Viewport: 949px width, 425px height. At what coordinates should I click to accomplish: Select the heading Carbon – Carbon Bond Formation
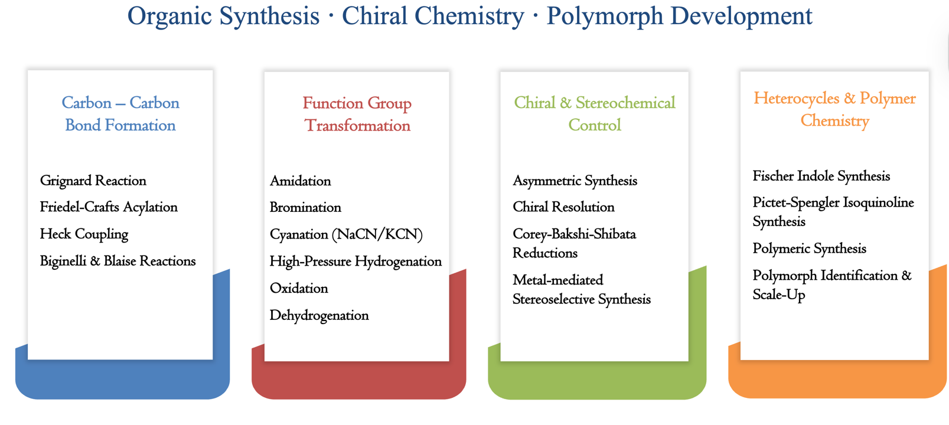click(x=120, y=114)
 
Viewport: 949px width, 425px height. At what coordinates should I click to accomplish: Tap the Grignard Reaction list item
click(x=93, y=181)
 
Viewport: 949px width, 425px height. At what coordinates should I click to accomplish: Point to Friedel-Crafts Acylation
click(x=109, y=207)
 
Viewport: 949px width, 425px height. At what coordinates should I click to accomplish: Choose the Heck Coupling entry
click(x=84, y=234)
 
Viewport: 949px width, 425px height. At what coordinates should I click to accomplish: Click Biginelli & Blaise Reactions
click(x=118, y=261)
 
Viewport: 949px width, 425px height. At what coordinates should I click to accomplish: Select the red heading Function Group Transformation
click(x=357, y=115)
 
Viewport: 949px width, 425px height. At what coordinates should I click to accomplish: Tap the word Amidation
click(x=301, y=181)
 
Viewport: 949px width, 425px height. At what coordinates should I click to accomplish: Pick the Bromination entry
click(x=305, y=207)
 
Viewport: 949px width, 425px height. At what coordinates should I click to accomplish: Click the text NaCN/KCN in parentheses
click(x=377, y=234)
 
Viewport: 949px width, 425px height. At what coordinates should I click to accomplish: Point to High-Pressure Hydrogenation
click(x=356, y=261)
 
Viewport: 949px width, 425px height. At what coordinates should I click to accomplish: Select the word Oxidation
click(x=299, y=288)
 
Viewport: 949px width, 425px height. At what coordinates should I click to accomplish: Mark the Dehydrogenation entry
click(x=319, y=315)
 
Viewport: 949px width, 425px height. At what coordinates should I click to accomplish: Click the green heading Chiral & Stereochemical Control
click(x=595, y=114)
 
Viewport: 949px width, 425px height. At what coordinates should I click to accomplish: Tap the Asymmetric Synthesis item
click(x=575, y=181)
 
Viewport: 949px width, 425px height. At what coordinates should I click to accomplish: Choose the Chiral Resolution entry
click(x=563, y=207)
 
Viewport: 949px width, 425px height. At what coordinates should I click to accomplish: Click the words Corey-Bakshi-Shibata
click(x=574, y=234)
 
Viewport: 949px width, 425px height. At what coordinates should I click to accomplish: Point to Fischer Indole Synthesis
click(x=821, y=176)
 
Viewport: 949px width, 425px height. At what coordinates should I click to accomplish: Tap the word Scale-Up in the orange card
click(x=779, y=295)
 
